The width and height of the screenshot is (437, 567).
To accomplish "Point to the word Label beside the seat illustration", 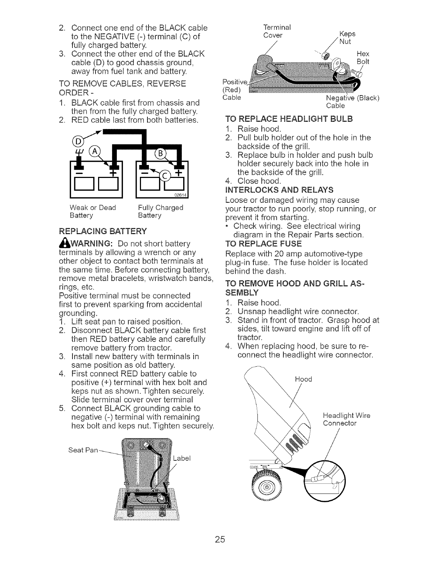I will point(181,459).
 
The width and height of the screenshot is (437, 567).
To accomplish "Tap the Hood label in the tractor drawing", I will point(303,379).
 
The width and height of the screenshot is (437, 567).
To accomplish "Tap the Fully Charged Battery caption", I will point(161,211).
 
